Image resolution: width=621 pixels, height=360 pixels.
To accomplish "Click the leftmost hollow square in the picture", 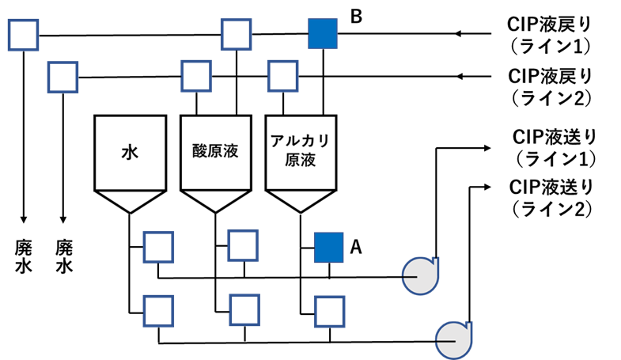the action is point(23,35).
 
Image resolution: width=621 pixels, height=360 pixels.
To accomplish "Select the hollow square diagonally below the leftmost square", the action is point(62,78).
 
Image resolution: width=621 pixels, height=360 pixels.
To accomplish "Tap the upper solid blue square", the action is point(323,34).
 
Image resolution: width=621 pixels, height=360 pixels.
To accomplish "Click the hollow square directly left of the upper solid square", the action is point(236,35).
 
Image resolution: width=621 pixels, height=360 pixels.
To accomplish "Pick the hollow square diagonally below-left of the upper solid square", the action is point(282,76).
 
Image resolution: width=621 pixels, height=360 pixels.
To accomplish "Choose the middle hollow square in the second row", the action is point(196,76).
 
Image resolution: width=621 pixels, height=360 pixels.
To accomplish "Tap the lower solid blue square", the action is point(328,248).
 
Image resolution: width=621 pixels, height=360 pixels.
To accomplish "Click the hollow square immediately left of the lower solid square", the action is point(243,245).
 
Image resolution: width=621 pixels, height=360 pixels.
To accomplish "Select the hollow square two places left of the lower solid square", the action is point(158,247).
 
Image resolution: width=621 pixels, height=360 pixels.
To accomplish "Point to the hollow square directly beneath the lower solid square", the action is point(329,312).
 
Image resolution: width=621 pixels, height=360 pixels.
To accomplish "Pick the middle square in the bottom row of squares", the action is point(244,310).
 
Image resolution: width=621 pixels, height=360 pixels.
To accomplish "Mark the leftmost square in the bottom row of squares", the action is point(158,311).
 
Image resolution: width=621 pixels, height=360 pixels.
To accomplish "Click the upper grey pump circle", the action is point(419,277).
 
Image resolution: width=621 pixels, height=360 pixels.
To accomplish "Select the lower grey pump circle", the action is point(452,340).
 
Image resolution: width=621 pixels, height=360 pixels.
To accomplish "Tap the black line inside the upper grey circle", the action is point(411,277).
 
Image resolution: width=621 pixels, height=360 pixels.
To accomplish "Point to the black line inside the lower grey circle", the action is point(446,341).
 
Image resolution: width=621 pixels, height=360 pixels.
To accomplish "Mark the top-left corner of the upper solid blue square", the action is point(309,20).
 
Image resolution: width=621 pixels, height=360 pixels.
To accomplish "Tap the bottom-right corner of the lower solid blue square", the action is point(343,262).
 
